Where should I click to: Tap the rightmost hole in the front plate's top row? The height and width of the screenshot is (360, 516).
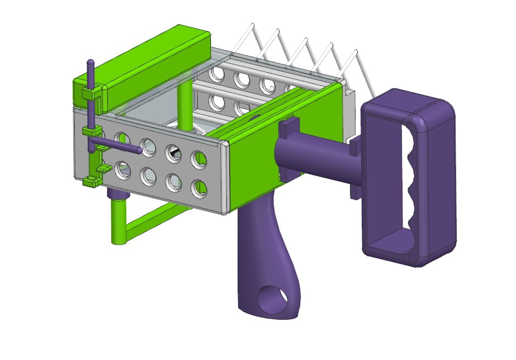pos(199,160)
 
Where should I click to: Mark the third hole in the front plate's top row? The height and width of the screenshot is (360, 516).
pos(173,153)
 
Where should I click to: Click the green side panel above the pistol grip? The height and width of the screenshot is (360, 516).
pos(252,168)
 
